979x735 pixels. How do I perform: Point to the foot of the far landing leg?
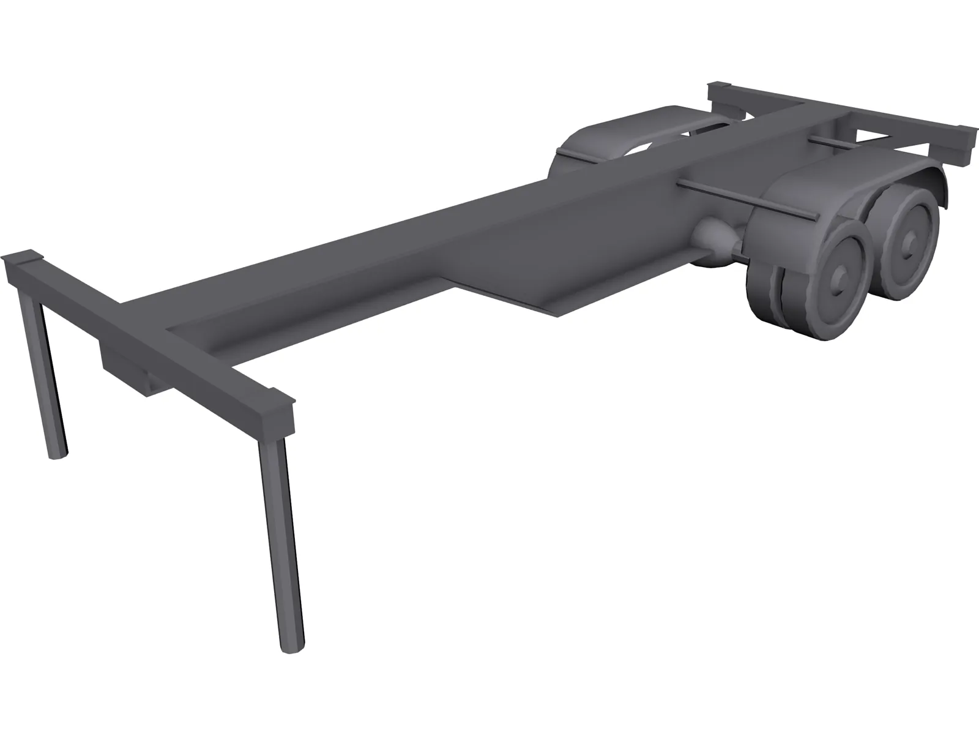point(58,453)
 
